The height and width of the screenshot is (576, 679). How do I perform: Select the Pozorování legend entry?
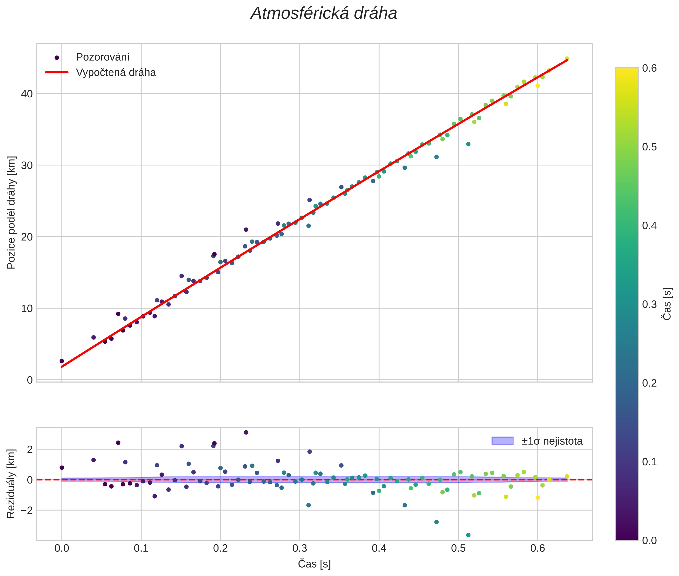pos(102,57)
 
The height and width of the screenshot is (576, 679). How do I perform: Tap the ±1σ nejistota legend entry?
pos(552,441)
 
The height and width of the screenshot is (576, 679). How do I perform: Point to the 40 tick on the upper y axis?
pos(27,94)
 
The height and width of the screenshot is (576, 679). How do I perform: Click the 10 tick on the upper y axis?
pos(27,308)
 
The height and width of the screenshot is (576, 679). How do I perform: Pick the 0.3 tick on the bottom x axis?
pos(300,548)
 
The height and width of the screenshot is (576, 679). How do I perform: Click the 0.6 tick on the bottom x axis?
pos(537,548)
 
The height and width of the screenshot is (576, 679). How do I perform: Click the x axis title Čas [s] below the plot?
pos(314,564)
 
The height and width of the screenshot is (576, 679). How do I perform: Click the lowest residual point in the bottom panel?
pos(468,535)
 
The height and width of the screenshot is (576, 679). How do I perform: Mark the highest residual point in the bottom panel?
pos(246,432)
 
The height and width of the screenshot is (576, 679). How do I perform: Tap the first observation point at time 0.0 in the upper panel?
pos(62,361)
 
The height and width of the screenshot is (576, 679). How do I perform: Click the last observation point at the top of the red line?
pos(567,59)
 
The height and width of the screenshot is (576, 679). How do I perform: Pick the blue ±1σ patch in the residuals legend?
pos(502,441)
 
